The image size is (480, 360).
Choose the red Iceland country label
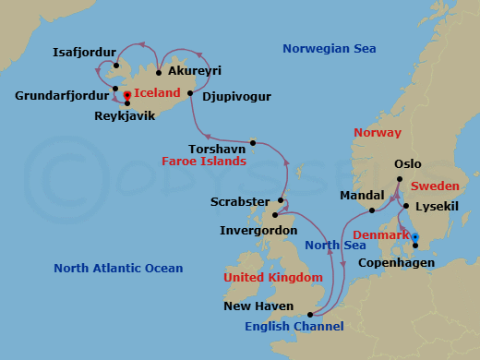(157, 93)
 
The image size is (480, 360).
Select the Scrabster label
(240, 201)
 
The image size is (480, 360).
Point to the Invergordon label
(258, 230)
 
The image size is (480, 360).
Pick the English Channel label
(294, 326)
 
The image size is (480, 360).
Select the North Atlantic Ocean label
(118, 269)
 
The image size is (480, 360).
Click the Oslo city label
(408, 164)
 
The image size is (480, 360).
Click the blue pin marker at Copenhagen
(415, 238)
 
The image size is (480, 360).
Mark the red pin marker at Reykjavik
(126, 95)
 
